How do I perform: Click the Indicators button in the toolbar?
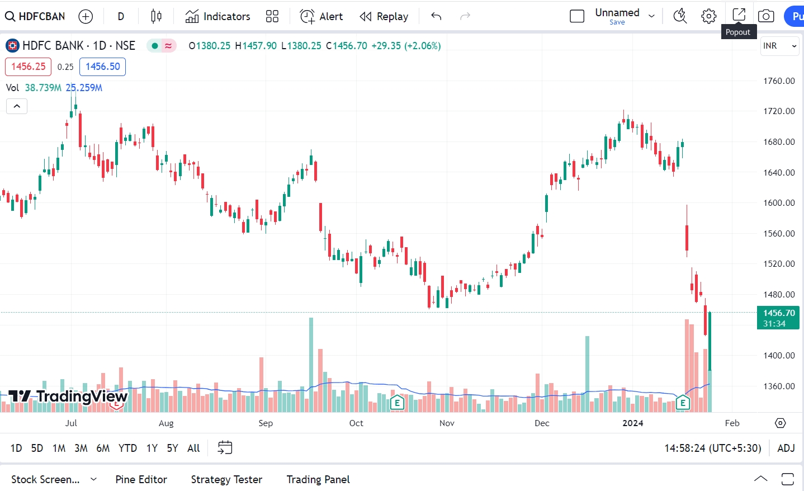(217, 16)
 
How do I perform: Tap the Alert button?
(321, 16)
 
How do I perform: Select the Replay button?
(384, 16)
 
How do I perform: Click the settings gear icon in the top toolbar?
(708, 16)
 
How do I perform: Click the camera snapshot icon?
(766, 16)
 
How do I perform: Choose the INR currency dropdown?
(779, 46)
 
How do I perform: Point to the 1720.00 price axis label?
(779, 111)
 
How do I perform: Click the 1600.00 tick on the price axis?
(779, 203)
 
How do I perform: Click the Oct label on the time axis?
(356, 423)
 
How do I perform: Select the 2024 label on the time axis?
(633, 423)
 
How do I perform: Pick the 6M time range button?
(103, 448)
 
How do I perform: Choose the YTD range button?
(127, 448)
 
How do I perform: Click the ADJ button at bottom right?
(786, 448)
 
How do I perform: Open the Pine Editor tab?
(141, 479)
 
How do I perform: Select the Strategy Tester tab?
(226, 479)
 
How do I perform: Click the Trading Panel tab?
(318, 479)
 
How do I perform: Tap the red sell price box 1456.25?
(28, 67)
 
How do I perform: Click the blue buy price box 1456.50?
(103, 67)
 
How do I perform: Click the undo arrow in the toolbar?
(436, 16)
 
